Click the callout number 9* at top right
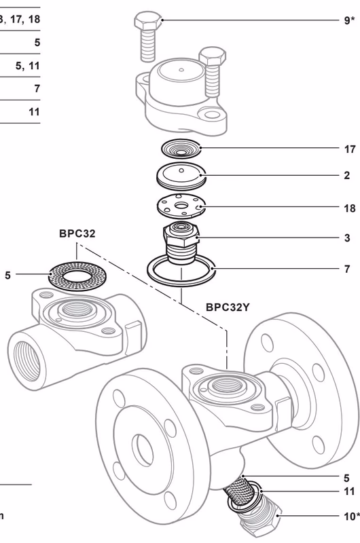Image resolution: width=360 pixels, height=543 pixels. pyautogui.click(x=349, y=20)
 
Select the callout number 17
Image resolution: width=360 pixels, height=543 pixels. pyautogui.click(x=350, y=149)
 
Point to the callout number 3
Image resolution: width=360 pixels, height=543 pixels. pyautogui.click(x=347, y=238)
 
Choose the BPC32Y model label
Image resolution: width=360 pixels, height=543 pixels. pyautogui.click(x=228, y=307)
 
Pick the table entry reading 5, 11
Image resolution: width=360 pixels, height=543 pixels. pyautogui.click(x=28, y=66)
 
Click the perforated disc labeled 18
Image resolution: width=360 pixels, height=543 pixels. pyautogui.click(x=179, y=204)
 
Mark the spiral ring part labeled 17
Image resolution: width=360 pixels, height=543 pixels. pyautogui.click(x=181, y=148)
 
